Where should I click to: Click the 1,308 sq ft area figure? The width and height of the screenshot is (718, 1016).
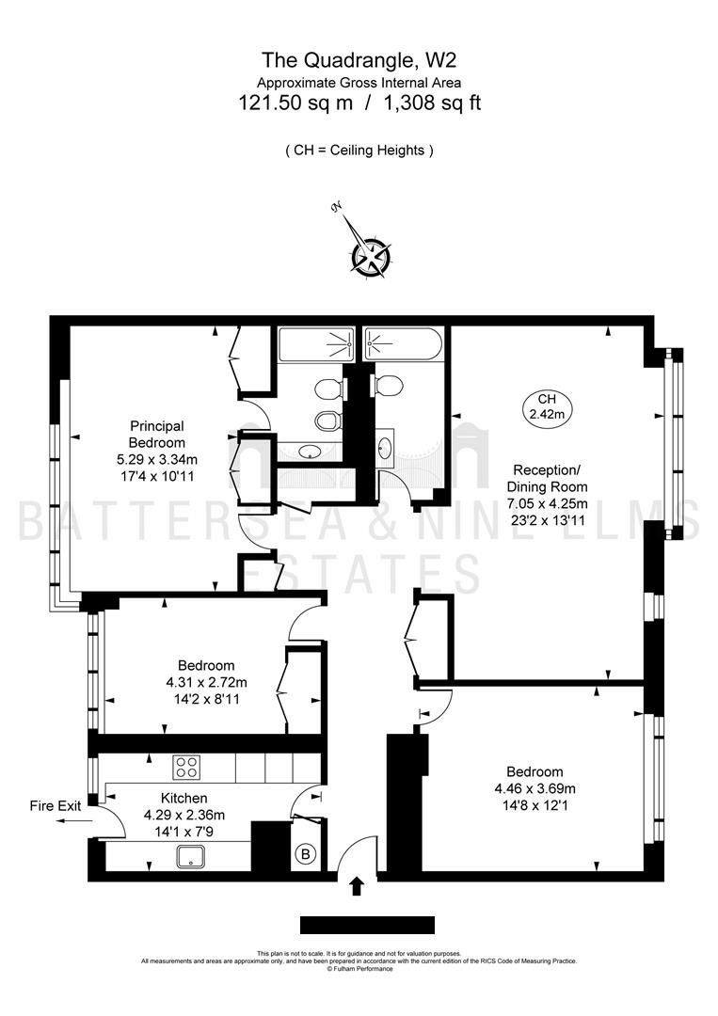pos(433,103)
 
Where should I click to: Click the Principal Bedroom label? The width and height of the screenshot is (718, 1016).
pos(157,434)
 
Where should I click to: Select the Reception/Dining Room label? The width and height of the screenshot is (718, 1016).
pos(547,478)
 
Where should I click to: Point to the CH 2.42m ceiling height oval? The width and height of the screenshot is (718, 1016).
pos(547,407)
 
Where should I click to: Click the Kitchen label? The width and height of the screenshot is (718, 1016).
pos(184,799)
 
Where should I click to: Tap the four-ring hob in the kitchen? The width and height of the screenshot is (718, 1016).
pos(186,768)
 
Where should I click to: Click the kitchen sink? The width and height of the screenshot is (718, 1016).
pos(190,857)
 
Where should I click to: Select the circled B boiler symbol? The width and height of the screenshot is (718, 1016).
pos(306,854)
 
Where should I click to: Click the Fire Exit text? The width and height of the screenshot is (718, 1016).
pos(56,806)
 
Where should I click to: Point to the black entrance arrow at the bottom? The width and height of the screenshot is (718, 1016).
pos(356,886)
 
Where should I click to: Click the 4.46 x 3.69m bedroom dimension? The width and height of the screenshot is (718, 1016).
pos(535,788)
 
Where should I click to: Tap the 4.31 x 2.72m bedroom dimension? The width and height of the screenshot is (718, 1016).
pos(206,682)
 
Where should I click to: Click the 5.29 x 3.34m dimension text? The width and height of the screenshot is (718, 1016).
pos(157,459)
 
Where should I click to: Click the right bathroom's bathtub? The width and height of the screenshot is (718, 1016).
pos(403,344)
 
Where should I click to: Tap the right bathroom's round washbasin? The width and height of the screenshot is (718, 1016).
pos(385,447)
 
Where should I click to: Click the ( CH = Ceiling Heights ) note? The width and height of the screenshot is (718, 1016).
pos(359,151)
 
